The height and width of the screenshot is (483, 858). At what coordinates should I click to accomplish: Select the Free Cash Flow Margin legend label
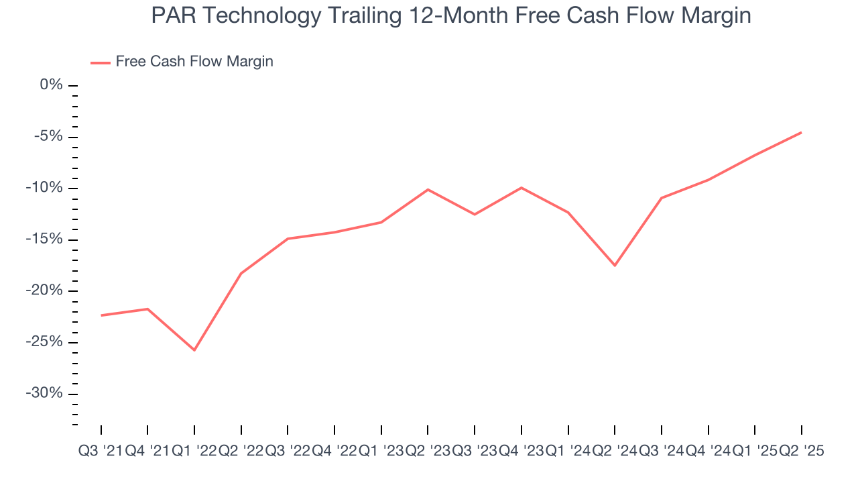(x=194, y=62)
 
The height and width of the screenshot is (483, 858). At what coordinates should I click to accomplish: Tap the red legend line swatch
(x=101, y=62)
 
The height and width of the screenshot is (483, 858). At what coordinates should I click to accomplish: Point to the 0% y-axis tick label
(x=51, y=85)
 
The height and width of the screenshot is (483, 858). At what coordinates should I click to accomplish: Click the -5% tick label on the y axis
(x=48, y=137)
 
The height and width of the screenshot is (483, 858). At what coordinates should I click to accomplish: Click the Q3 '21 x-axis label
(x=101, y=451)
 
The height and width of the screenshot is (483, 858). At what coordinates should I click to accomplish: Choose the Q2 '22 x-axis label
(x=241, y=451)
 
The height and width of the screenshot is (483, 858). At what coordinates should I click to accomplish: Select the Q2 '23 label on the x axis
(x=428, y=451)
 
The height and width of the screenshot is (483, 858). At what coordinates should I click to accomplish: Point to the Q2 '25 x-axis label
(x=801, y=451)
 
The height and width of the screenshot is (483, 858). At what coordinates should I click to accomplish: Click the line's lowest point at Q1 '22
(x=194, y=350)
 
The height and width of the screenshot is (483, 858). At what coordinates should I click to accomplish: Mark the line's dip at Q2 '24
(x=615, y=266)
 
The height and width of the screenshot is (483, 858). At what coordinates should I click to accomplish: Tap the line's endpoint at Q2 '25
(x=801, y=132)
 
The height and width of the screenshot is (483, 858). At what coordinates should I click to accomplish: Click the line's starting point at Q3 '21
(x=101, y=315)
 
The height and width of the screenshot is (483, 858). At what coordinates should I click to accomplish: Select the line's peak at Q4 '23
(x=521, y=188)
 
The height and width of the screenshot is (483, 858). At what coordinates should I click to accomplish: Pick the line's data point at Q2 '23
(x=428, y=190)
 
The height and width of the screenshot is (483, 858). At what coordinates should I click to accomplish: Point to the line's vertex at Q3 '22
(x=288, y=239)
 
